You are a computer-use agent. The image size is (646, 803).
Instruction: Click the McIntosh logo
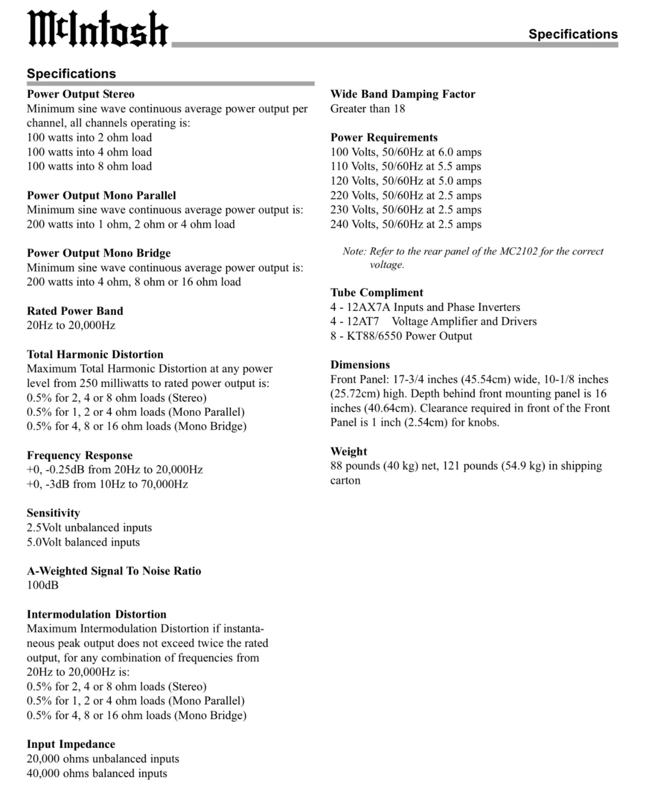click(97, 29)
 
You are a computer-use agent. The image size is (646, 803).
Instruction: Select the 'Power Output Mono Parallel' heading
click(101, 196)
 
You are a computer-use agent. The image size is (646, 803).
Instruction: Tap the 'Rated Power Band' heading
click(75, 311)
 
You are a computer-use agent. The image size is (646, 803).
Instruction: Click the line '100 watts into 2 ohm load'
click(89, 138)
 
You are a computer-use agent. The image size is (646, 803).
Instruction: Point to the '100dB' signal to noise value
click(42, 585)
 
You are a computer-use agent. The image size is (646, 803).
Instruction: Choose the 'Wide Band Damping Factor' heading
click(403, 94)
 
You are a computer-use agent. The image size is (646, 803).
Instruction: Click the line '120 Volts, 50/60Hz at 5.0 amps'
click(406, 181)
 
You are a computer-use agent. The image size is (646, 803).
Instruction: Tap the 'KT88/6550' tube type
click(374, 336)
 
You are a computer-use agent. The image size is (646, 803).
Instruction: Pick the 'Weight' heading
click(349, 452)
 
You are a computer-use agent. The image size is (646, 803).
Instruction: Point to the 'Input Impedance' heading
click(71, 745)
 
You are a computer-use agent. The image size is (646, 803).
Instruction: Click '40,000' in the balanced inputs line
click(43, 773)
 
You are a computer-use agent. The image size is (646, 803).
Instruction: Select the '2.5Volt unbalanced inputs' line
click(89, 528)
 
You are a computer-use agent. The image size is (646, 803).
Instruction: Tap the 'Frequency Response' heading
click(80, 456)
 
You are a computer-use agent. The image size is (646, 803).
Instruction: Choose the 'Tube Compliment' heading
click(376, 293)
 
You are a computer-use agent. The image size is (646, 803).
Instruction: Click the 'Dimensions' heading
click(360, 365)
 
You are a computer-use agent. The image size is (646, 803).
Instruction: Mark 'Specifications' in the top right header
click(573, 34)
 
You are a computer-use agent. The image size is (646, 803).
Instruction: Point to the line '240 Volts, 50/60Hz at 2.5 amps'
click(406, 224)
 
